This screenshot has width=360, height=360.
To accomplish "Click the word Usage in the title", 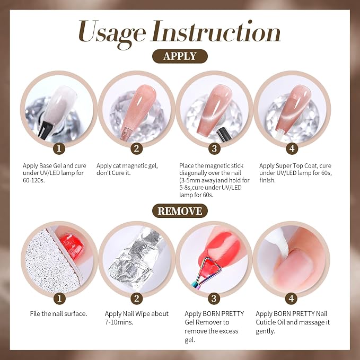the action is point(112,33).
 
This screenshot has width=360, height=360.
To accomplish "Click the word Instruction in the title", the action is point(216,31).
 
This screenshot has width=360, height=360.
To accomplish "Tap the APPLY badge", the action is point(180,56).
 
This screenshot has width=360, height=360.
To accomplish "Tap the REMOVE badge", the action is point(180,211).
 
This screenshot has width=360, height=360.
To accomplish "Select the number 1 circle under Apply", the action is point(59,148).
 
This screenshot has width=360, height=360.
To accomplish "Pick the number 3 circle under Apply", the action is point(214,148).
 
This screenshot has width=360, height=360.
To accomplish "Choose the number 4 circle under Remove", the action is point(292,298).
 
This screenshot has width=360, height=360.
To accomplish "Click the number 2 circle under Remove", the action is point(137,298).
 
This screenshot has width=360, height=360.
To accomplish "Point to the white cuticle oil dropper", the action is point(277,241).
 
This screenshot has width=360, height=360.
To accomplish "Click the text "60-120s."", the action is point(33,180).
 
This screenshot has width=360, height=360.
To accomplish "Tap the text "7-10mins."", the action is point(119,322).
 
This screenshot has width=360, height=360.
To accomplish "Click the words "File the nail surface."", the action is point(58,314).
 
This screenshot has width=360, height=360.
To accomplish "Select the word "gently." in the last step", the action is point(266,331).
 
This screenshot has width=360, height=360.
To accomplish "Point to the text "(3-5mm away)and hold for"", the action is point(214,180).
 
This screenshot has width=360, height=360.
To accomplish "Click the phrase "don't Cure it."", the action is point(113,173).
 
